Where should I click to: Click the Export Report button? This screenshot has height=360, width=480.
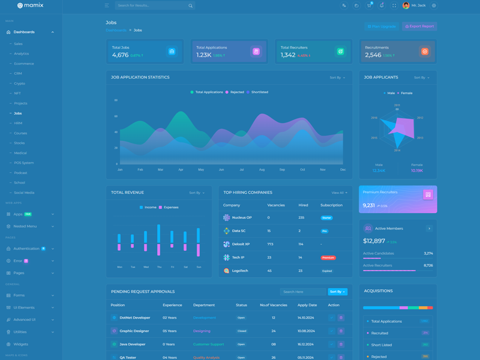(419, 26)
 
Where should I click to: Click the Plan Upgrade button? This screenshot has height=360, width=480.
(382, 26)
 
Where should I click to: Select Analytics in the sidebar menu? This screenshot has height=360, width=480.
(22, 53)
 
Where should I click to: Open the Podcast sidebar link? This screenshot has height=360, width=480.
(21, 173)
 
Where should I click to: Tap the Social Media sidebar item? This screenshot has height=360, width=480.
(24, 193)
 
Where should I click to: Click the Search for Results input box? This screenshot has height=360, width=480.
(151, 5)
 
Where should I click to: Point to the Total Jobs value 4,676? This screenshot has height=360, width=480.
(120, 55)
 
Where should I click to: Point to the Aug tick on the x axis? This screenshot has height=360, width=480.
(262, 170)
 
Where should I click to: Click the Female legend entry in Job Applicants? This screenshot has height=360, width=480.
(406, 93)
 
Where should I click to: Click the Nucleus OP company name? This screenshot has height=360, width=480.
(242, 218)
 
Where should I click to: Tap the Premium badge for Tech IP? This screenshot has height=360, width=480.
(328, 257)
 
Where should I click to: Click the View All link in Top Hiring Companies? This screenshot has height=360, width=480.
(339, 193)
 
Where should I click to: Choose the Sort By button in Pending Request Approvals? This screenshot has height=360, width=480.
(337, 292)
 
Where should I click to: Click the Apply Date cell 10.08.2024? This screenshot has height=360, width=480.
(307, 331)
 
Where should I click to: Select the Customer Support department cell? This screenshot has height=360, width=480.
(208, 344)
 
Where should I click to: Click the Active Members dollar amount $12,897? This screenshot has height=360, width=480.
(374, 241)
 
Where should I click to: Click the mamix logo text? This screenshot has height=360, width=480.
(34, 5)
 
